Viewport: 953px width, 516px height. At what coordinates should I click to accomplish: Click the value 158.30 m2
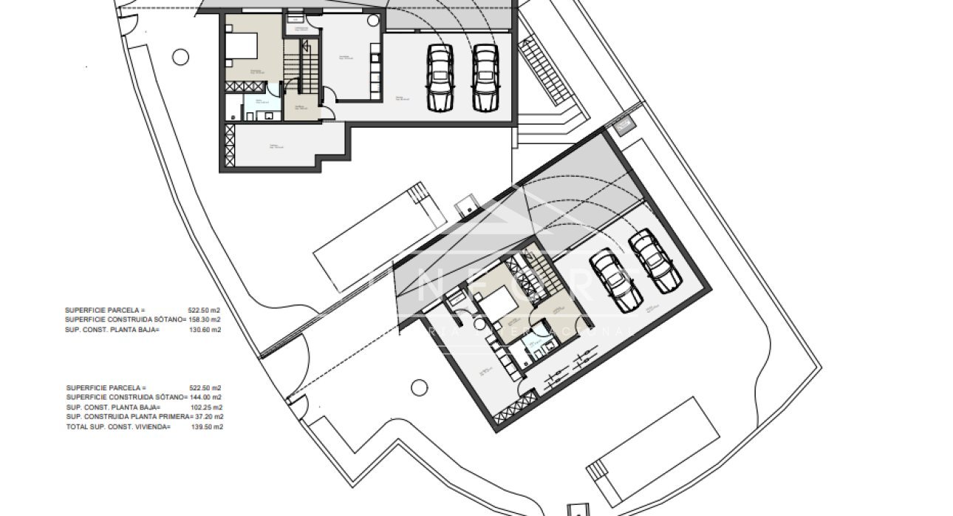(205, 320)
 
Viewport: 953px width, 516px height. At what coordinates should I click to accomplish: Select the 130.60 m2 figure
(205, 330)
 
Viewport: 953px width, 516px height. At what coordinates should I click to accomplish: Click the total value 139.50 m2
(207, 427)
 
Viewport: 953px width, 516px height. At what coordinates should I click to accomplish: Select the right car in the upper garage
(485, 78)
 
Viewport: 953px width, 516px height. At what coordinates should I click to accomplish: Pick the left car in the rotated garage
(615, 280)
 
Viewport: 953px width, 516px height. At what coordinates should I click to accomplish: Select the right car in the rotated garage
(655, 261)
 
